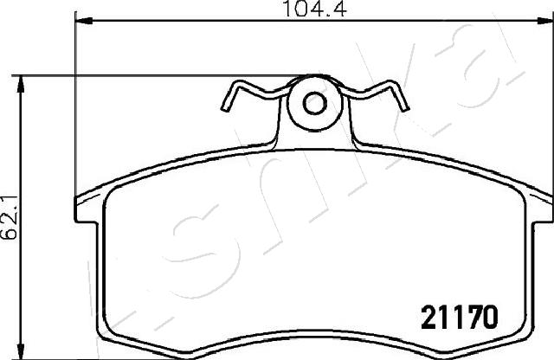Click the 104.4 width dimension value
(x=315, y=9)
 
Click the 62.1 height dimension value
(x=9, y=217)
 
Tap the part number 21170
(x=460, y=317)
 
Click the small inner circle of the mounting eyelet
(x=314, y=103)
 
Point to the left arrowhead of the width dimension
(x=84, y=21)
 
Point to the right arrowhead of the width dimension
(x=544, y=21)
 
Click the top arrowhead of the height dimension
(x=21, y=84)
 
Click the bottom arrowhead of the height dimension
(x=21, y=350)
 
